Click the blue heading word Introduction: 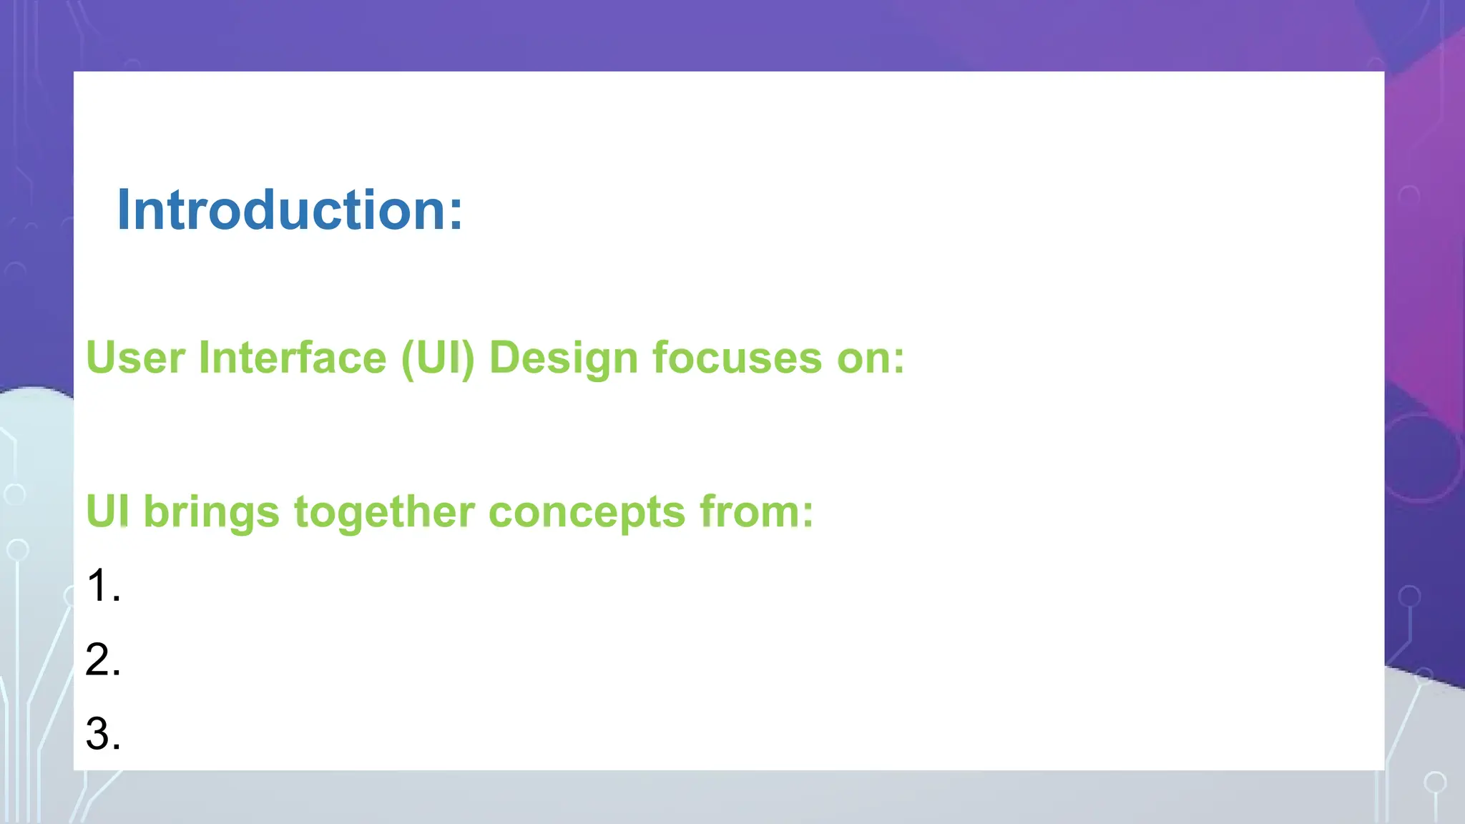click(290, 210)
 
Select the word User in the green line click(135, 358)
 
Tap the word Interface click(292, 358)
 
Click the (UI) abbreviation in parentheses click(438, 358)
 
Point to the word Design click(563, 358)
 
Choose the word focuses click(737, 358)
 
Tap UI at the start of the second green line click(107, 511)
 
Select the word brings click(211, 514)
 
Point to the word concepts click(587, 514)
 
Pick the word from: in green click(756, 512)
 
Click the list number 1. click(102, 586)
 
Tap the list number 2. click(102, 659)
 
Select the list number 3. click(102, 734)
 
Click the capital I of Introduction click(124, 210)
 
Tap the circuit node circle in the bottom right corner click(1435, 783)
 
